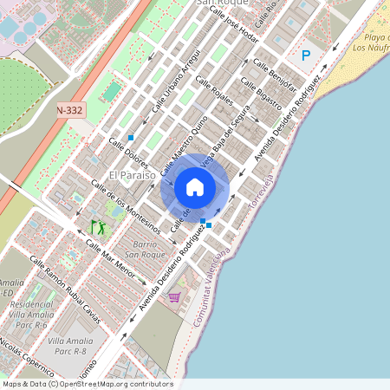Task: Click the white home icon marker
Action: pos(195,187)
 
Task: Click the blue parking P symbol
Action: pos(305,55)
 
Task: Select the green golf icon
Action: pos(98,227)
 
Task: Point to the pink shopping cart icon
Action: pos(174,297)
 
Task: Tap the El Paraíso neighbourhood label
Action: pos(132,175)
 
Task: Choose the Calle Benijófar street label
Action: pos(275,76)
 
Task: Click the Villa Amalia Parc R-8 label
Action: pos(70,347)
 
